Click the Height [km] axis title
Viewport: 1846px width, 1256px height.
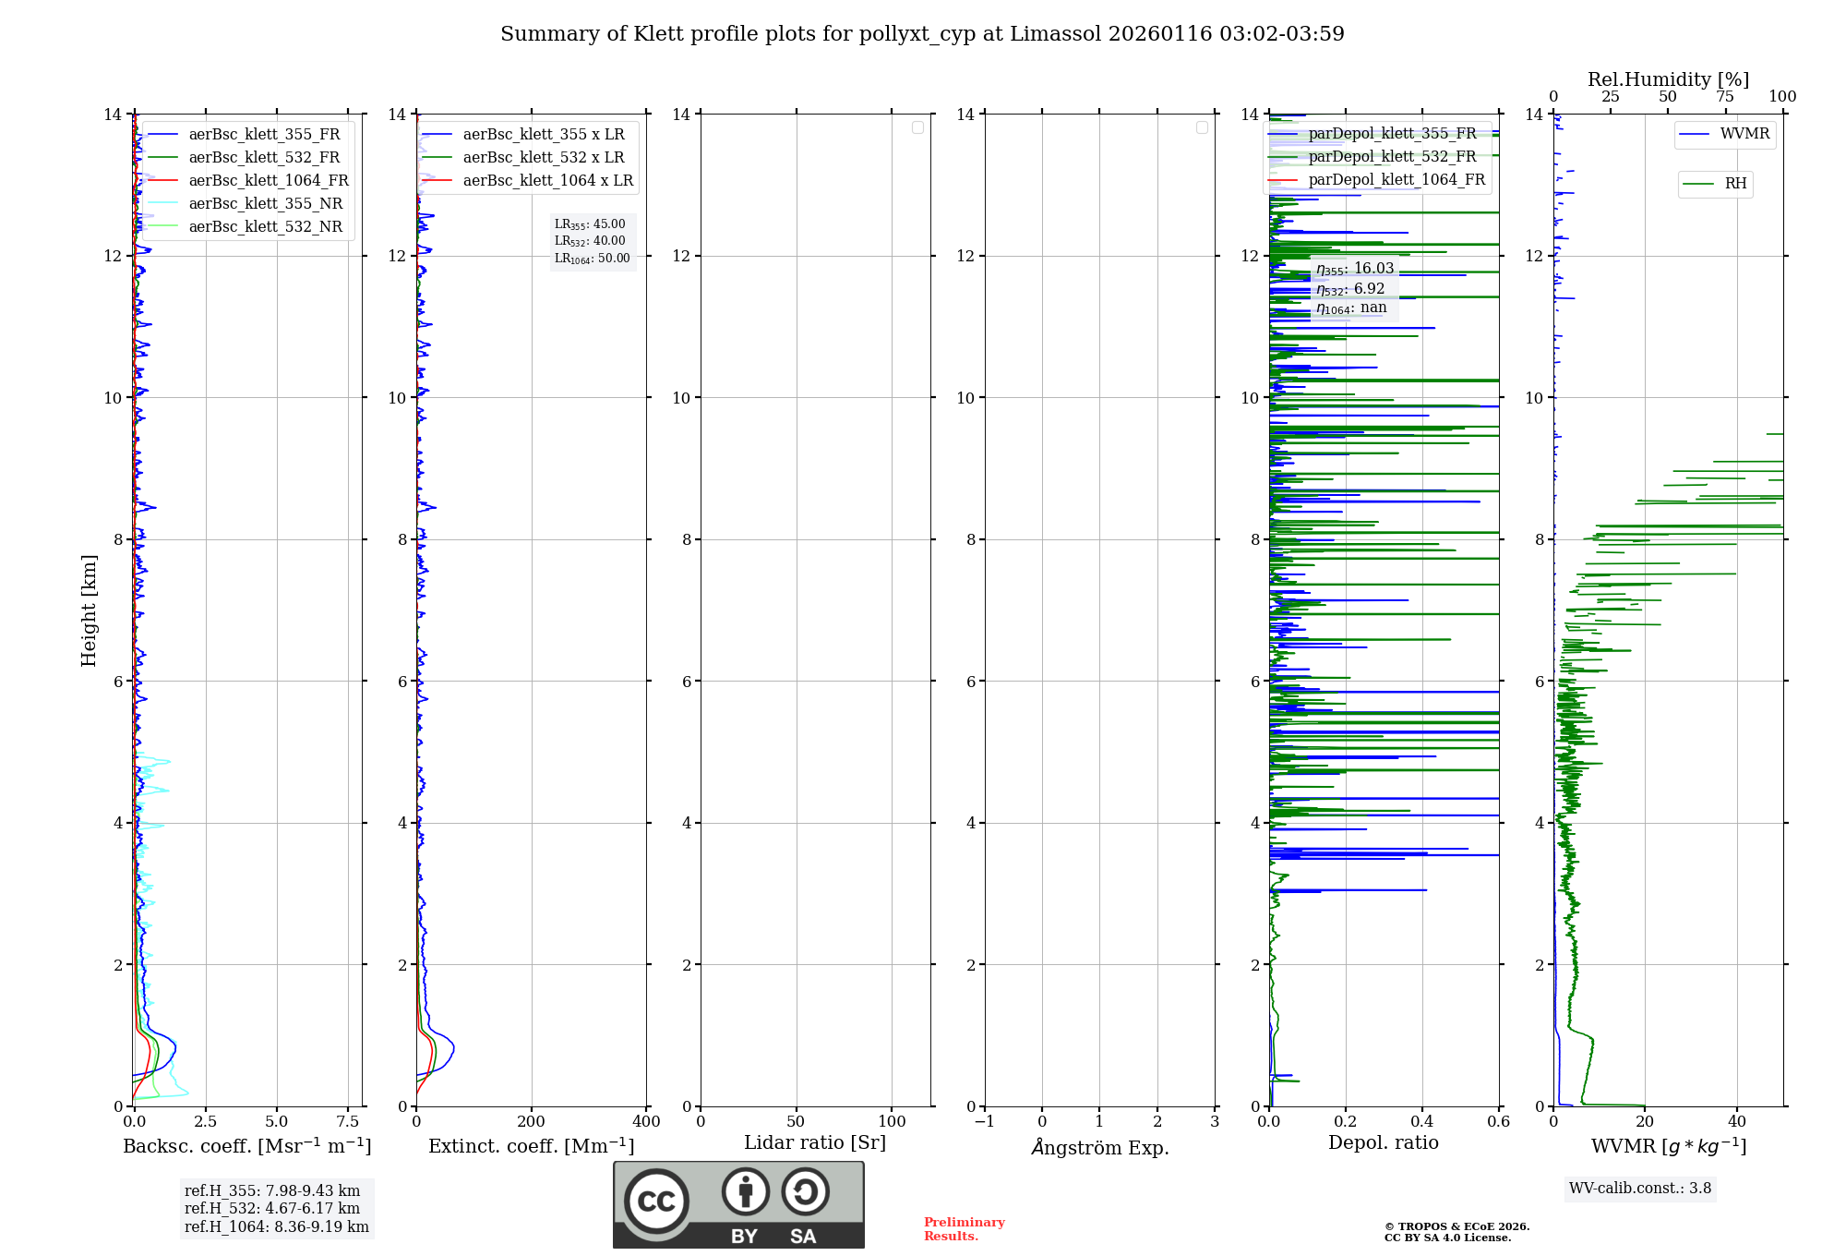(89, 610)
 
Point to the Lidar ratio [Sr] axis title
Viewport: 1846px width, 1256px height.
(815, 1143)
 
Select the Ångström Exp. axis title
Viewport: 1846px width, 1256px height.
(1099, 1148)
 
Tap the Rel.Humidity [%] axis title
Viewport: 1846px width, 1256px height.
(1668, 79)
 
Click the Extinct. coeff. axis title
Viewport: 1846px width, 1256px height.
(531, 1146)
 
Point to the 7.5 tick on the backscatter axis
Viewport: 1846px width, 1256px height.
(348, 1122)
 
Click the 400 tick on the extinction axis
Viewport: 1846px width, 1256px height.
(646, 1122)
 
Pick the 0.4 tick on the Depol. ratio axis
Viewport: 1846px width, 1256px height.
(1422, 1122)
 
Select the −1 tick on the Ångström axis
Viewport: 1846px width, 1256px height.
(985, 1122)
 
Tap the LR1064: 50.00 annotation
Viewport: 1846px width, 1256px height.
(592, 259)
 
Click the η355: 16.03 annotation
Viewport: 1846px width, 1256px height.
(1354, 269)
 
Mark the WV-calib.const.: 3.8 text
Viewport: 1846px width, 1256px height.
(1639, 1189)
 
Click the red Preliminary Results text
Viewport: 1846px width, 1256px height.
(964, 1229)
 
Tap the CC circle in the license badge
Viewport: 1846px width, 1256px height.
(656, 1202)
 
